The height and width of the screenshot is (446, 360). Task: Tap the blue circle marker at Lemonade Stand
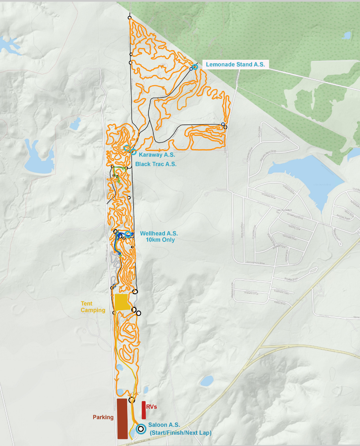[195, 67]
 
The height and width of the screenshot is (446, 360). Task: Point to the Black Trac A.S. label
[156, 164]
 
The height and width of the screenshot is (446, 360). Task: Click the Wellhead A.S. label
[159, 233]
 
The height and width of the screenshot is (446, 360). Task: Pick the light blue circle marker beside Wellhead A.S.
[128, 233]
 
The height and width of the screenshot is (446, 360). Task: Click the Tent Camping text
[93, 307]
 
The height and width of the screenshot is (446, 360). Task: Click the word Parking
[103, 417]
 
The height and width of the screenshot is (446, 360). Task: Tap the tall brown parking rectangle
[122, 418]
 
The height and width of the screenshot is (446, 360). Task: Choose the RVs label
[151, 407]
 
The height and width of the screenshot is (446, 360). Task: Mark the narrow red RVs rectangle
[144, 410]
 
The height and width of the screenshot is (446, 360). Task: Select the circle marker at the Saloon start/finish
[140, 429]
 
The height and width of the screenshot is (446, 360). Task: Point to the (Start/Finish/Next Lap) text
[180, 432]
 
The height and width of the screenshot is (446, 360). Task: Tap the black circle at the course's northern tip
[129, 18]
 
